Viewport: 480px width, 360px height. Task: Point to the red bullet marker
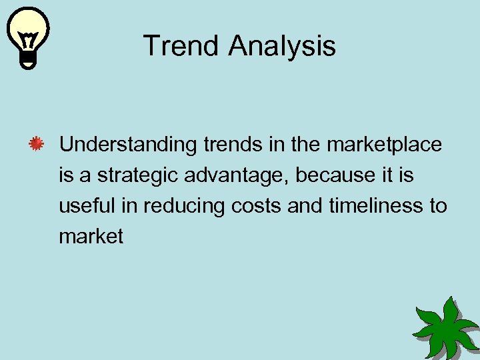coord(37,144)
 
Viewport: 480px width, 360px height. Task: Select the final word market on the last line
coord(91,237)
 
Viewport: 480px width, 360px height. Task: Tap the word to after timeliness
coord(437,206)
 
